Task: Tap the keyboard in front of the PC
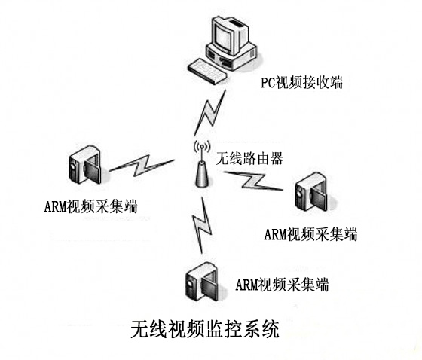(206, 71)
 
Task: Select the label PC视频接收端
(301, 83)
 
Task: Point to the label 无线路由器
(249, 158)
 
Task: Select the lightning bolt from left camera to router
(142, 166)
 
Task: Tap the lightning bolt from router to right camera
(253, 181)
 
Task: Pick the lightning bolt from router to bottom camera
(202, 224)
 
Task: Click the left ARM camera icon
(85, 165)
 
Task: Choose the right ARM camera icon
(312, 191)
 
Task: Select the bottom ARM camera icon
(201, 282)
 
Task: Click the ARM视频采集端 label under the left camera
(90, 206)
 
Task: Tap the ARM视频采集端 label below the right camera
(310, 234)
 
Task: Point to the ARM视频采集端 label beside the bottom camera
(282, 285)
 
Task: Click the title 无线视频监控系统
(205, 329)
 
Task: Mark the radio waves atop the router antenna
(202, 148)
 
